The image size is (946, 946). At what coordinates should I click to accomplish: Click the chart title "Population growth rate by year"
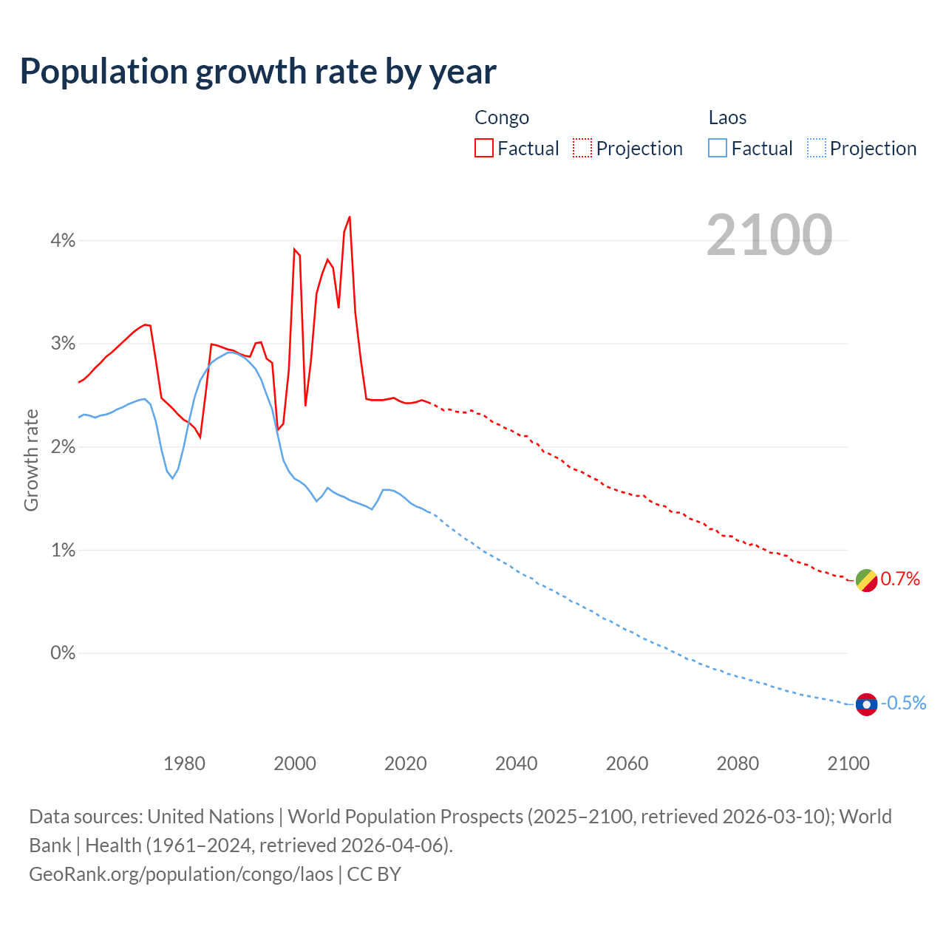point(258,72)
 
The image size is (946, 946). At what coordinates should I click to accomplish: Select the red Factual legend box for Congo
point(484,148)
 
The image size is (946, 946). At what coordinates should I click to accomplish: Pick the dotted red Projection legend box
point(582,148)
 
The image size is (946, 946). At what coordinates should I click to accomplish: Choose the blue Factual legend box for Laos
point(718,148)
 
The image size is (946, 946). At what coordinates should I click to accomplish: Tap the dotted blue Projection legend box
point(816,148)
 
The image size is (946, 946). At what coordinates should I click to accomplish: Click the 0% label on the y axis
point(63,653)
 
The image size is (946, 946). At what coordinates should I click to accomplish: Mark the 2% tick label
point(63,447)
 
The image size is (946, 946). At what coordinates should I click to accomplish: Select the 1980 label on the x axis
point(184,763)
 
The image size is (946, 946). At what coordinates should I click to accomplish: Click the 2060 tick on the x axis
point(627,763)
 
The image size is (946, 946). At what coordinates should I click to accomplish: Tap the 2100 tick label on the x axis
point(848,763)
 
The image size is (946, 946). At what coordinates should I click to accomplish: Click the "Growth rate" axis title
point(31,460)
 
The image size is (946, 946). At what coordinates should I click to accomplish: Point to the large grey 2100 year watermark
point(769,235)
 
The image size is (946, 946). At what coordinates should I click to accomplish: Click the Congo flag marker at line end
point(866,581)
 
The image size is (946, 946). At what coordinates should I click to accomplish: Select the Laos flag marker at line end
point(866,704)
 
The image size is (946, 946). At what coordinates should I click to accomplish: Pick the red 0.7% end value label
point(900,579)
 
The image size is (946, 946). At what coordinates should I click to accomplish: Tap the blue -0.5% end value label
point(903,704)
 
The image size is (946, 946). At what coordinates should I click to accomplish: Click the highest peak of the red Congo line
point(350,217)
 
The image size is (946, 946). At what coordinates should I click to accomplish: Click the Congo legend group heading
point(502,118)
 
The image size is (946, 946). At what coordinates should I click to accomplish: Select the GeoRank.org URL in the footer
point(181,874)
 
